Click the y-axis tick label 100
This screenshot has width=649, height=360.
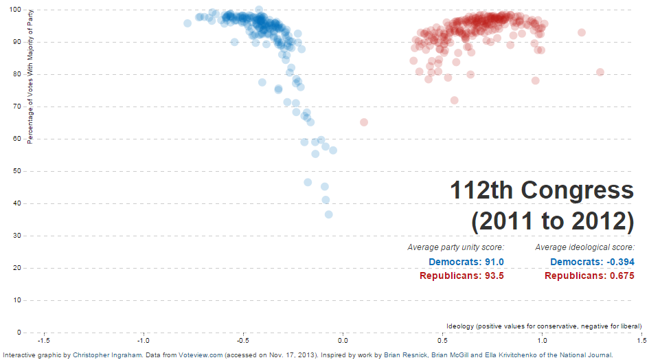[14, 10]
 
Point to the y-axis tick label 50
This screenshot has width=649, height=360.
[16, 171]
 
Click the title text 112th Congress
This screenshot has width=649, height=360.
[542, 190]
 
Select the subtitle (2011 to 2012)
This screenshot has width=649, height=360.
[552, 221]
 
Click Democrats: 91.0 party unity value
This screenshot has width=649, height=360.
[466, 262]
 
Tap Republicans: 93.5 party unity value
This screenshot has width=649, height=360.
[462, 275]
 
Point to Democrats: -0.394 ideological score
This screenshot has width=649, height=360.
[592, 262]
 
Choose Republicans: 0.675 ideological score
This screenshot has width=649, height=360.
[589, 275]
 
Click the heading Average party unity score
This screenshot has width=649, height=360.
[456, 247]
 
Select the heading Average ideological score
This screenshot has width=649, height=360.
[584, 247]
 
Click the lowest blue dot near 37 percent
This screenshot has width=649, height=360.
[329, 214]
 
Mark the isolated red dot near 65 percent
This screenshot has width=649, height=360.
[364, 122]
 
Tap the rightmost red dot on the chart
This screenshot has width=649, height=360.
[600, 72]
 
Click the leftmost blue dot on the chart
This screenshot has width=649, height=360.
[187, 23]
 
